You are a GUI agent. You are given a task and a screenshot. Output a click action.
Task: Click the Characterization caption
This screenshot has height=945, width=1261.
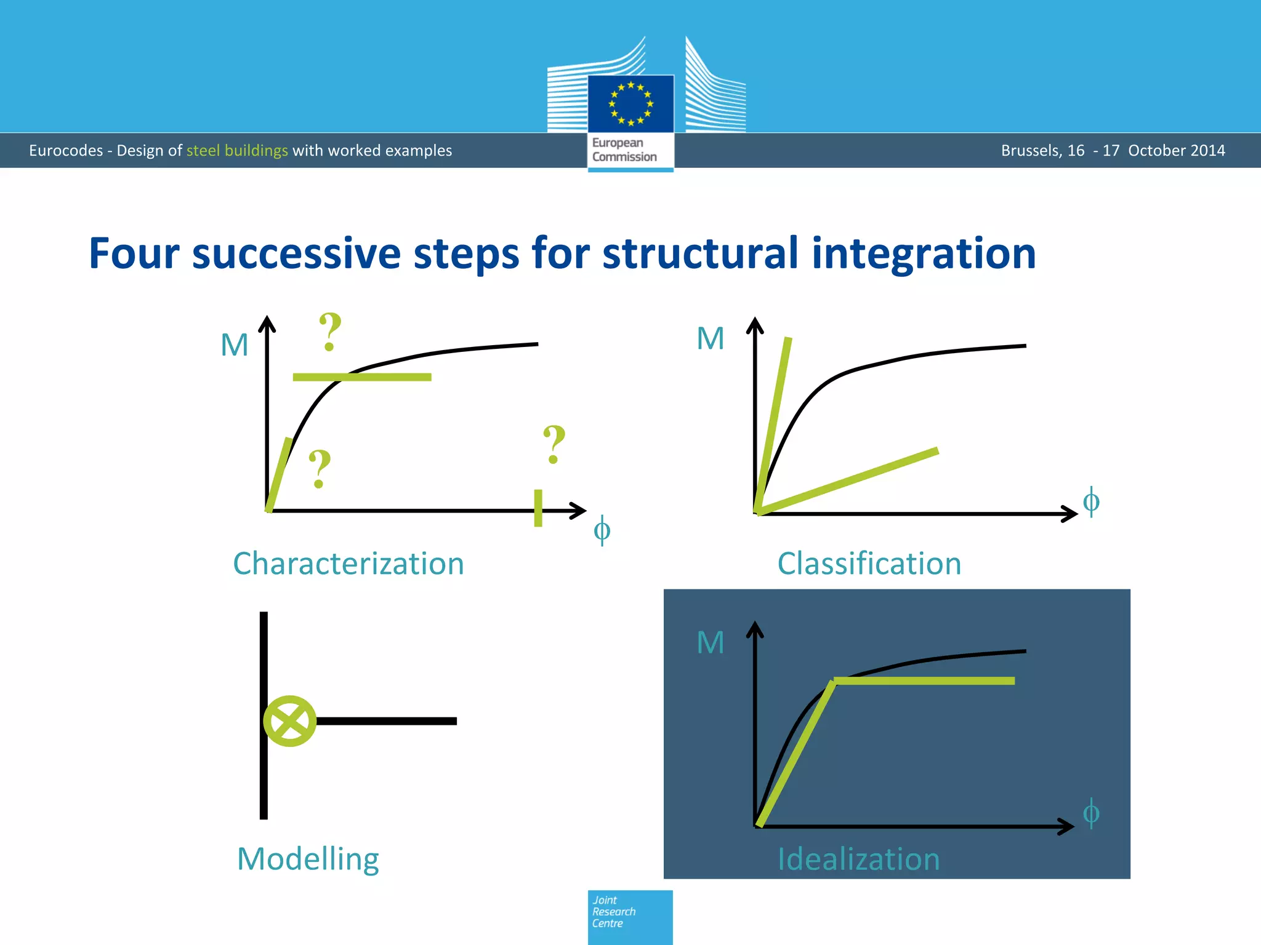(x=348, y=564)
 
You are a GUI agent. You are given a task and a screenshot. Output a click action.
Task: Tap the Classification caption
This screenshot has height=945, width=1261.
(x=869, y=564)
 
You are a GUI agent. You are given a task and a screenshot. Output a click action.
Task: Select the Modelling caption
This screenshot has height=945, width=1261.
(x=308, y=859)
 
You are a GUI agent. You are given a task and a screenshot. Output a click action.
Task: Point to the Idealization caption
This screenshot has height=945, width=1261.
(x=858, y=859)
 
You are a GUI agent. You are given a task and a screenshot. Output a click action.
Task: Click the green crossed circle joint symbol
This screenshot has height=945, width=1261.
(x=289, y=721)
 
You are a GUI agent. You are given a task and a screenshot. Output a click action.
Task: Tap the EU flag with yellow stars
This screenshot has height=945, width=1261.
(x=630, y=103)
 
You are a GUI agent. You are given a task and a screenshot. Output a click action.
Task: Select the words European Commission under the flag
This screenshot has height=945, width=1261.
(x=624, y=150)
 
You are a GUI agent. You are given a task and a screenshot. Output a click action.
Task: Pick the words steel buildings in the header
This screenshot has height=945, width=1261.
(x=237, y=151)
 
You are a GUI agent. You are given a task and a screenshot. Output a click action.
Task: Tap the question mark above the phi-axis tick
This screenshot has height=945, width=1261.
(x=554, y=444)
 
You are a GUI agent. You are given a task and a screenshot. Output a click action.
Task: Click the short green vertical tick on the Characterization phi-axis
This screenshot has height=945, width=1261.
(x=538, y=508)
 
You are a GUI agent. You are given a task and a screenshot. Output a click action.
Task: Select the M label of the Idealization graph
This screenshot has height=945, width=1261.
(x=710, y=643)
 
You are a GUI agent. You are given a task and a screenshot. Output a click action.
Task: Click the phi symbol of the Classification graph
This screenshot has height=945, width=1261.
(x=1090, y=501)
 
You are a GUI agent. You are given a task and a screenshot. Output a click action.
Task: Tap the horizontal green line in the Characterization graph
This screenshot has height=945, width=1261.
(x=362, y=377)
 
